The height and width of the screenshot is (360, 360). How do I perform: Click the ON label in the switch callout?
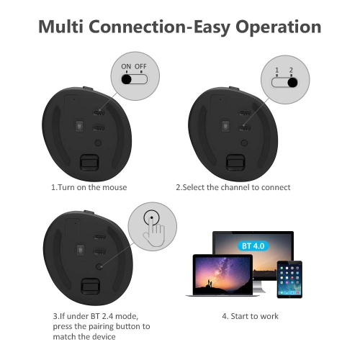tap(126, 66)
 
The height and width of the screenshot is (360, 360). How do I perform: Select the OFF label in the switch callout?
tap(140, 66)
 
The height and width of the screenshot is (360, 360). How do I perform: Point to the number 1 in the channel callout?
tap(277, 70)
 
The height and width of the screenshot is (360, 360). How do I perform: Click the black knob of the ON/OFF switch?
tap(127, 79)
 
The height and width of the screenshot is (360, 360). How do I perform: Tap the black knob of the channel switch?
tap(292, 82)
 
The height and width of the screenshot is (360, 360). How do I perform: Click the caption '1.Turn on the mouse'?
tap(89, 187)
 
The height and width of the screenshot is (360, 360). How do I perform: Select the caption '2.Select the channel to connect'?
tap(234, 187)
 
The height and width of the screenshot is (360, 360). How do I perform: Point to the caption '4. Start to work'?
tap(251, 316)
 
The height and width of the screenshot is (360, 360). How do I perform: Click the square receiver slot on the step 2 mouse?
tap(233, 163)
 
